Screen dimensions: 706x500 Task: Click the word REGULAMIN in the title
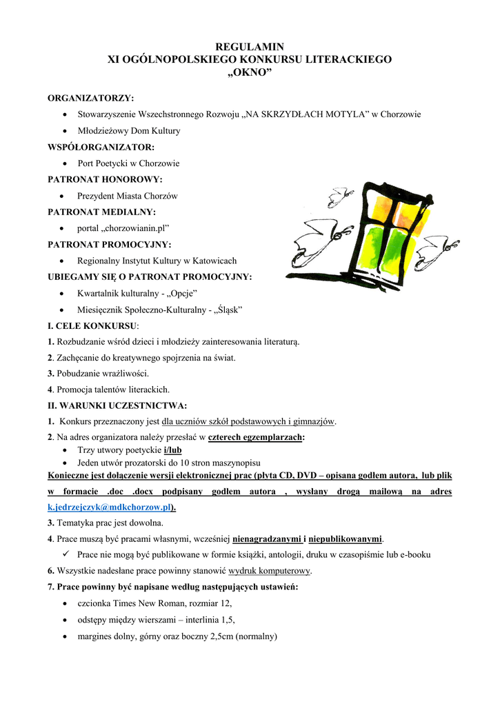click(x=250, y=47)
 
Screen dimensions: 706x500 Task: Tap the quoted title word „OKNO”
click(x=250, y=72)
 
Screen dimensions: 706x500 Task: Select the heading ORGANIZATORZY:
click(x=90, y=99)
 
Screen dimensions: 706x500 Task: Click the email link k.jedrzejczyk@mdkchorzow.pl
click(x=110, y=507)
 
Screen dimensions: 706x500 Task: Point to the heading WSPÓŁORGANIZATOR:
click(x=101, y=147)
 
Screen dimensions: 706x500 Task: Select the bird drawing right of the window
click(x=439, y=246)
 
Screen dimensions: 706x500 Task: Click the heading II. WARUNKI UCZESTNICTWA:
click(x=117, y=405)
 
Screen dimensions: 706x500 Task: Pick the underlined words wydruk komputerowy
click(x=270, y=571)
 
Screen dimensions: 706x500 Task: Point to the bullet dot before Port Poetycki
click(x=64, y=164)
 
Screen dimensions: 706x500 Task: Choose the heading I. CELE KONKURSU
click(x=92, y=325)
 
